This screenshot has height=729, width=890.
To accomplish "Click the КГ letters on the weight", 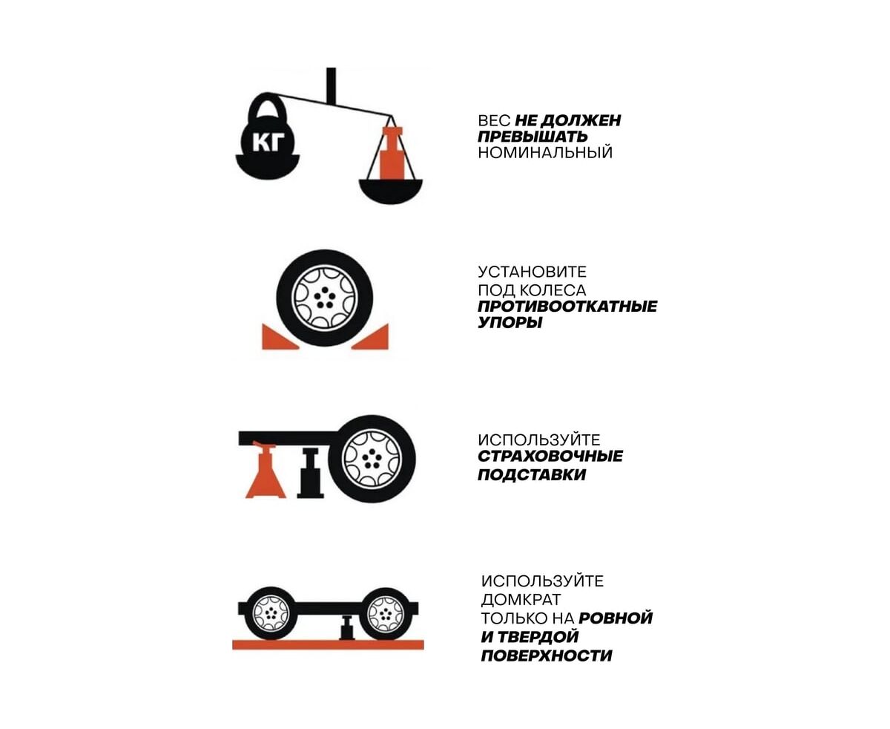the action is [x=268, y=142].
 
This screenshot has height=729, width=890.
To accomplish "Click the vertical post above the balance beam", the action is [x=331, y=85].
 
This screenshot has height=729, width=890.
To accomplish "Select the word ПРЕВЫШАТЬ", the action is [x=532, y=137].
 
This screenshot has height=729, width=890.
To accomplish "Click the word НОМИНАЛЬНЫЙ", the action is [x=545, y=152].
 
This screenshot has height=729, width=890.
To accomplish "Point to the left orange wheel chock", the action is [x=280, y=337].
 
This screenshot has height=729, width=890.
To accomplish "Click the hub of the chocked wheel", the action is [x=325, y=298].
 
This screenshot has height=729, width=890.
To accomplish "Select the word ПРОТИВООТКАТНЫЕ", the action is [x=567, y=306].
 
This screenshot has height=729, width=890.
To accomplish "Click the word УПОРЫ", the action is [x=510, y=323].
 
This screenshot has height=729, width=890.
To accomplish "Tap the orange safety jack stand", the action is [x=265, y=470].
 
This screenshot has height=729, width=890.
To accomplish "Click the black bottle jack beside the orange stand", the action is [x=310, y=473].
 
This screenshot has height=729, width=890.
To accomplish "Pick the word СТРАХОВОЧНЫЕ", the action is [x=550, y=457].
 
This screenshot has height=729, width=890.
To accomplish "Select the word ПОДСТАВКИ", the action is [x=532, y=474].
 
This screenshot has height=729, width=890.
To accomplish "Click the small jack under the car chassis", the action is [x=347, y=627].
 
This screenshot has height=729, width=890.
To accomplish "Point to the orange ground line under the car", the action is [x=328, y=644].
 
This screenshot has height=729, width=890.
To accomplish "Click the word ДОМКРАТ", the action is [x=521, y=599].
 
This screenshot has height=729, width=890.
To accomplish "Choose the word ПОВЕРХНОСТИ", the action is [x=546, y=656].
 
